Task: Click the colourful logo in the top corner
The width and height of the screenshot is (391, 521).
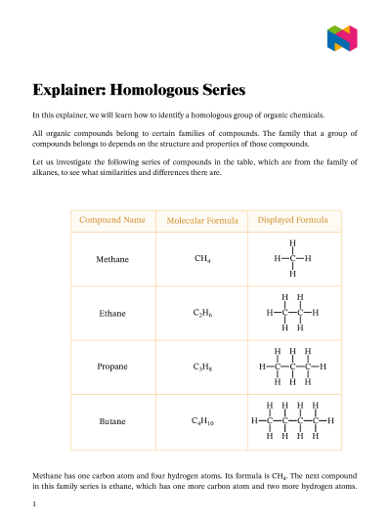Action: pos(342,38)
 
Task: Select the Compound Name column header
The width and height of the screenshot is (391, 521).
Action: pos(112,220)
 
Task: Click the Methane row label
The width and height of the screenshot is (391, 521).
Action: pos(112,260)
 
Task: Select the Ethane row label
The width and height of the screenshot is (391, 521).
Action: pos(112,314)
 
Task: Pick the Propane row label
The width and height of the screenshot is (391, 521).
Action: pos(112,367)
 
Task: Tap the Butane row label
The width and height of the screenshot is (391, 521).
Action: pos(112,421)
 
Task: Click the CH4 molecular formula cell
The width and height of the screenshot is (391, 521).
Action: pos(203,260)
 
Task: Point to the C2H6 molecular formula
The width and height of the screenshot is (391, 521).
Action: pos(203,314)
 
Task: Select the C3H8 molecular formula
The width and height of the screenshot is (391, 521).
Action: pos(203,368)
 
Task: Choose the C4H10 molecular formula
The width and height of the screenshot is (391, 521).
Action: pos(203,421)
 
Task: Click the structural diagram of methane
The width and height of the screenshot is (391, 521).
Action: pos(292,259)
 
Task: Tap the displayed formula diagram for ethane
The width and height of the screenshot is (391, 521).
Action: pos(292,313)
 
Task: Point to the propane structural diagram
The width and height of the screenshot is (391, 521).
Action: pos(292,367)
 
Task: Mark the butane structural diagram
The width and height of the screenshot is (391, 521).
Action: pos(292,420)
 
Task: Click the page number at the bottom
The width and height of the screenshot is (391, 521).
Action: pos(34,504)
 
